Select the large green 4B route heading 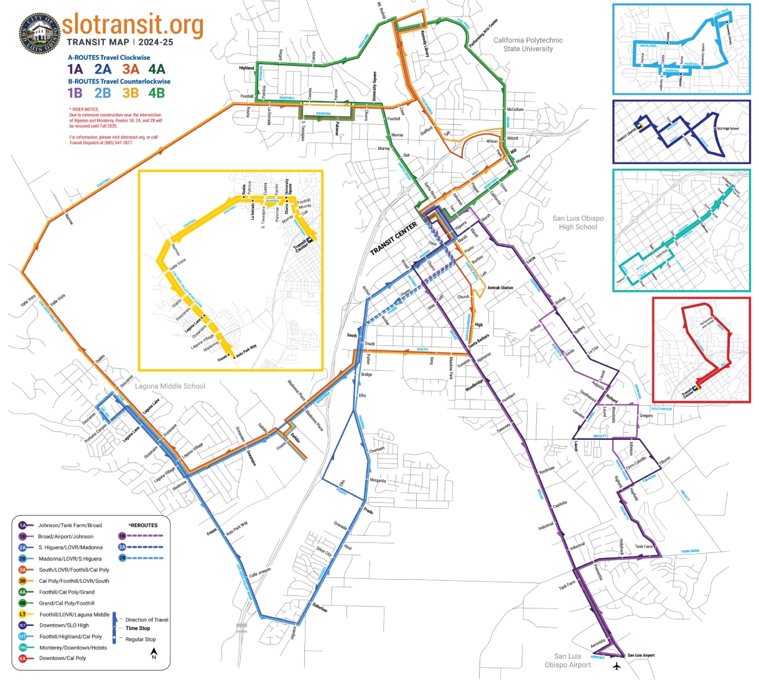156,93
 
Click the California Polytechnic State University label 528,44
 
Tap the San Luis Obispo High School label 578,223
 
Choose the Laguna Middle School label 170,386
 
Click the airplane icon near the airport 617,666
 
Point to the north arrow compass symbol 154,653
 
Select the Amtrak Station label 500,287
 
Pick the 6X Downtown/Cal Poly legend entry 62,658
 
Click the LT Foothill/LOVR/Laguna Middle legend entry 74,614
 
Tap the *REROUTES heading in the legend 143,525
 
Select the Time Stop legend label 137,628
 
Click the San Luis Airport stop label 641,655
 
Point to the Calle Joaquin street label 260,572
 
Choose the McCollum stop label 515,110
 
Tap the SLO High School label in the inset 728,129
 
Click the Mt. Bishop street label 381,10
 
